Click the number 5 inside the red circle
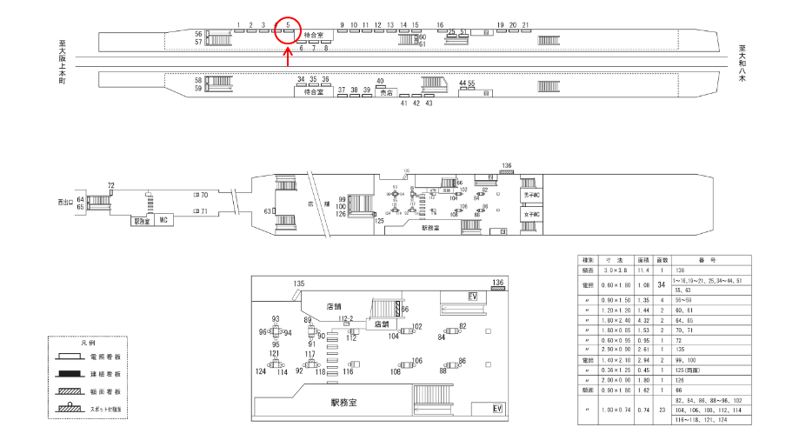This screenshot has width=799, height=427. point(287,25)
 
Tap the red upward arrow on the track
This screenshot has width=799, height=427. point(288,57)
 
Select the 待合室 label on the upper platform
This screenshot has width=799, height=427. point(314,36)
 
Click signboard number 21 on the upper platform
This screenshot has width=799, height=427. point(525,25)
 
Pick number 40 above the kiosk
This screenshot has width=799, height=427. point(380,81)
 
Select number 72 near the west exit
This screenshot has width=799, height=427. point(111,186)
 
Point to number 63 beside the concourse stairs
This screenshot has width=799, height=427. point(269,211)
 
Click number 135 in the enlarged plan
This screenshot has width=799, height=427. point(299,284)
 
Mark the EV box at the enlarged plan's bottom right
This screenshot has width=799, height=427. point(498,409)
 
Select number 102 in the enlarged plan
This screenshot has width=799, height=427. point(417,326)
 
